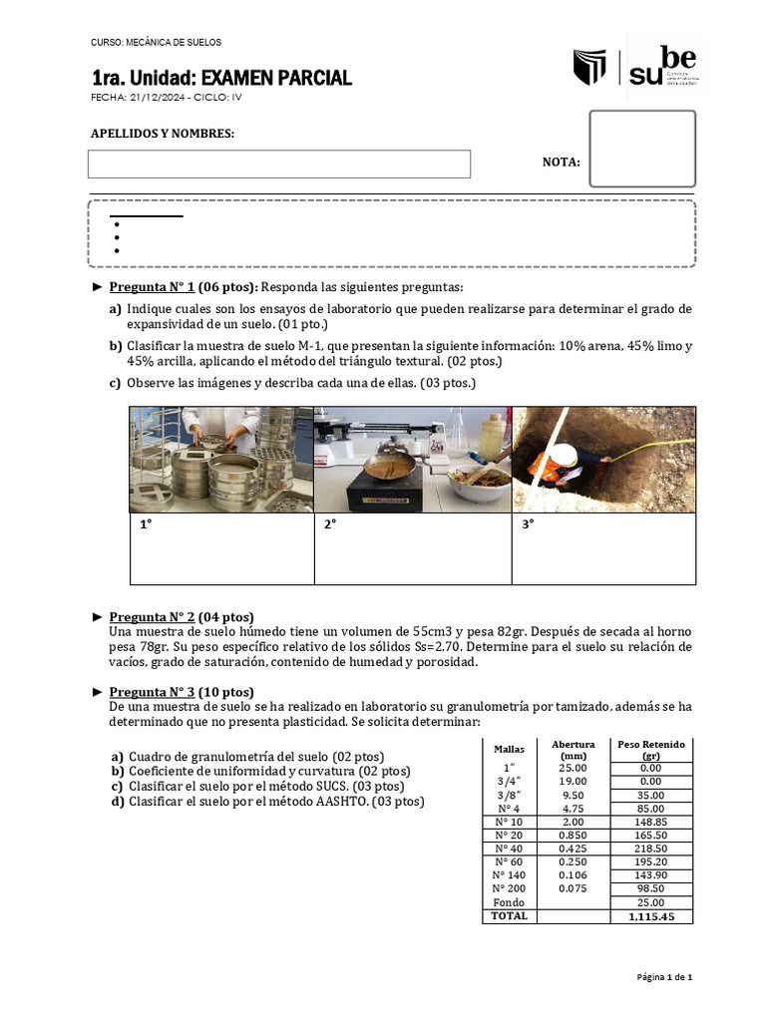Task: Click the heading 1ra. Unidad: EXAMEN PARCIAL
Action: coord(220,78)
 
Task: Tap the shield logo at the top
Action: coord(589,68)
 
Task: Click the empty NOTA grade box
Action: coord(641,149)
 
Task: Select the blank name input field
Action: coord(278,164)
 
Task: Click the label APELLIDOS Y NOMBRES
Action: coord(163,133)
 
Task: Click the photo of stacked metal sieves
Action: coord(221,460)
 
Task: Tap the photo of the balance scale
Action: coord(413,460)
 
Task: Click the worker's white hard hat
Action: coord(566,454)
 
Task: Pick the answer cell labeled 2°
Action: coord(413,548)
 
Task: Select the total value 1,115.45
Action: coord(651,916)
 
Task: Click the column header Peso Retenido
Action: coord(651,750)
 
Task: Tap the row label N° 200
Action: coord(509,887)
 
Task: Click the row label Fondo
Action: coord(509,902)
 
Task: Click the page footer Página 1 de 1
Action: coord(664,977)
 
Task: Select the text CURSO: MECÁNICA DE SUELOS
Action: coord(156,43)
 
